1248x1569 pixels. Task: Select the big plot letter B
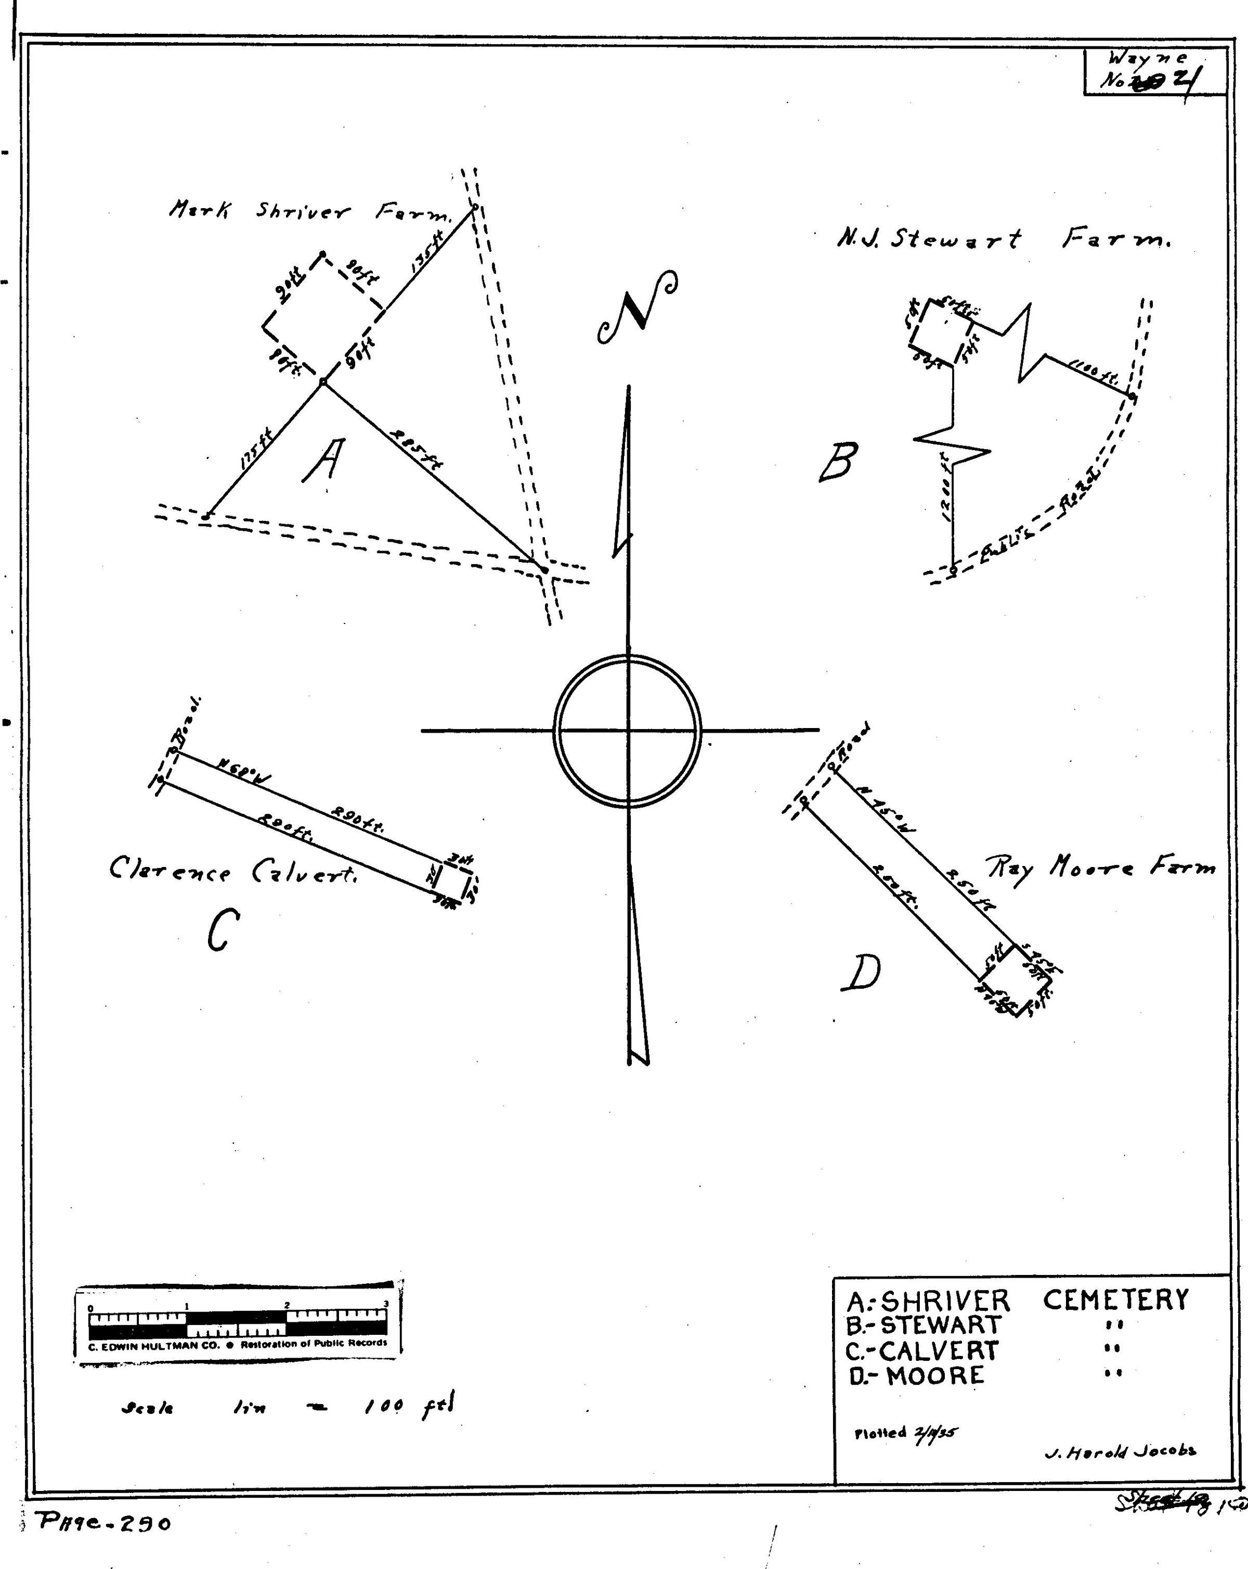pos(839,462)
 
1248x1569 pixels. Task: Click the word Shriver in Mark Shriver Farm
pos(302,212)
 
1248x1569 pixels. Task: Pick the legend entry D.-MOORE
pos(916,1375)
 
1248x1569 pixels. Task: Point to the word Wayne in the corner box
pos(1148,58)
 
